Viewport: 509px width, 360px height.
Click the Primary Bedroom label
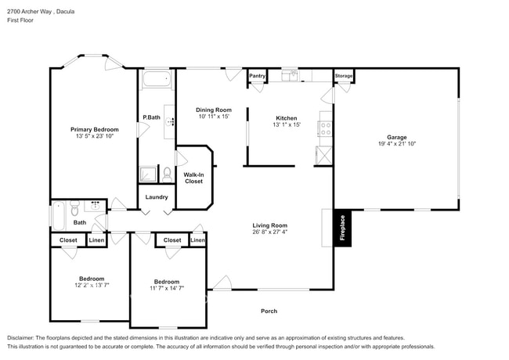(x=94, y=129)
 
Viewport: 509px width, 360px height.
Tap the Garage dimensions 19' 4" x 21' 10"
(x=396, y=143)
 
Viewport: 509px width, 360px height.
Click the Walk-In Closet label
(x=193, y=177)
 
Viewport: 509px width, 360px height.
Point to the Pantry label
(x=258, y=76)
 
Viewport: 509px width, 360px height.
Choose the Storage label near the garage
(x=344, y=76)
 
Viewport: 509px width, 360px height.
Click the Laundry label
(x=157, y=196)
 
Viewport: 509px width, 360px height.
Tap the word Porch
(x=269, y=311)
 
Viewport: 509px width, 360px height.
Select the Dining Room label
(x=213, y=110)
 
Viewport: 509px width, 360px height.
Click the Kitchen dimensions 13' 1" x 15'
(x=287, y=124)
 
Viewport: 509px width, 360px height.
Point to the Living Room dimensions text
(x=270, y=232)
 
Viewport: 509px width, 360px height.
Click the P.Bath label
(x=151, y=118)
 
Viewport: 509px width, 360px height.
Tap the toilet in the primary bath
(x=166, y=173)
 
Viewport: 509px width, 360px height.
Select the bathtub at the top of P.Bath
(x=156, y=79)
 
